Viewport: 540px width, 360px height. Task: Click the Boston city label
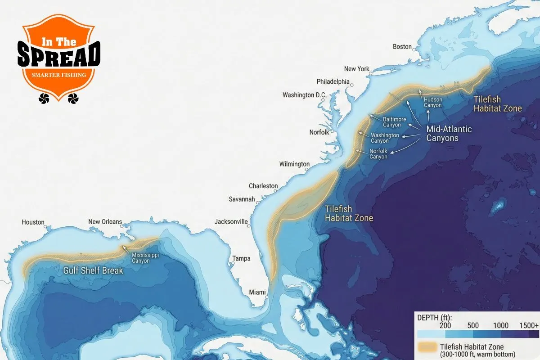402,47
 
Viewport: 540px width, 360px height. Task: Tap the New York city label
356,69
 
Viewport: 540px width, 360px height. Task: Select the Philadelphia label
333,82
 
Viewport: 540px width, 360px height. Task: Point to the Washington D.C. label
304,95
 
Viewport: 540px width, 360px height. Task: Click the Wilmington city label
294,164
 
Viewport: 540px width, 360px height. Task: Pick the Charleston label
263,186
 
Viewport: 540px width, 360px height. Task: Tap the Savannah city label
242,199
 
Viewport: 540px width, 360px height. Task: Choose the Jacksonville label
231,221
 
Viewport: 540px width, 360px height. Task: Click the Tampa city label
241,258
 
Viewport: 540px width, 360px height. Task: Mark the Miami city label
257,292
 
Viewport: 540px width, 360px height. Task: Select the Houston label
33,222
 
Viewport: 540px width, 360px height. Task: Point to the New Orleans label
105,222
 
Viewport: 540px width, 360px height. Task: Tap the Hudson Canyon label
433,102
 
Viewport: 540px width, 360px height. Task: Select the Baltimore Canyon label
394,122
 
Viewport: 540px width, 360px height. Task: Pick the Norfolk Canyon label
378,154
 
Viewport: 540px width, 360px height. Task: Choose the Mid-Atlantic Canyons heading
449,134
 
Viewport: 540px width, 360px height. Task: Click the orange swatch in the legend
428,347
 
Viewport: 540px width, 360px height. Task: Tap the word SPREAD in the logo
58,55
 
